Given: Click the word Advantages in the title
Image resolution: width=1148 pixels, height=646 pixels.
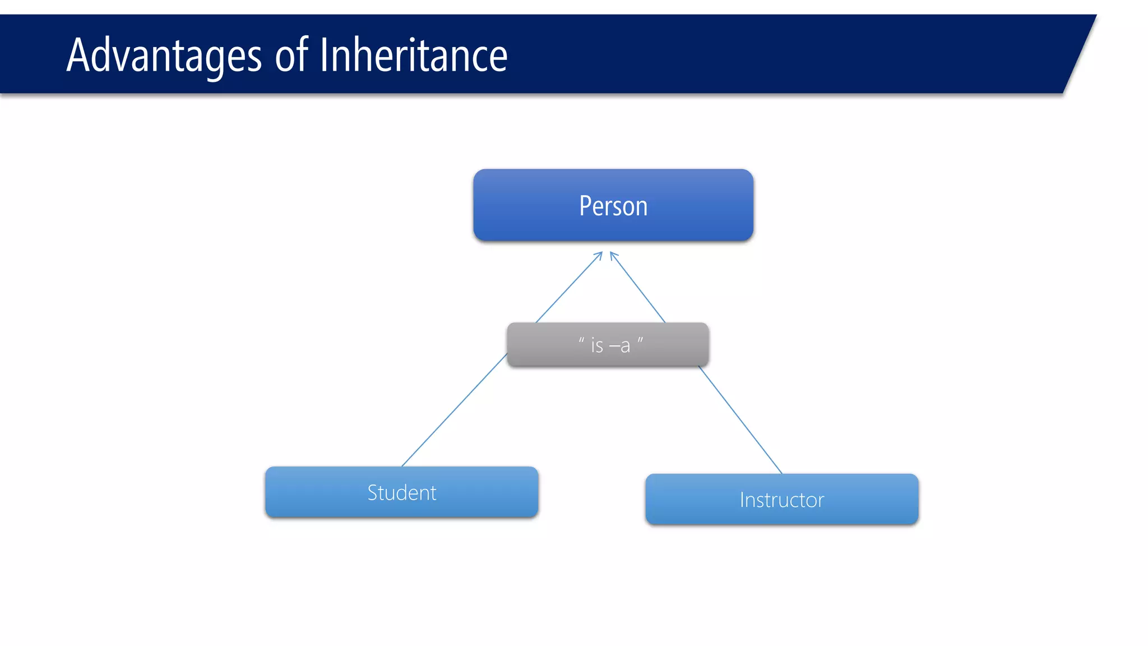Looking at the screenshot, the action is [x=164, y=56].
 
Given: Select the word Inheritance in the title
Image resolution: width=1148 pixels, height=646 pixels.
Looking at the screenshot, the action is [x=413, y=56].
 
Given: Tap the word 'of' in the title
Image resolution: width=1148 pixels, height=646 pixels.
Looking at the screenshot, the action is [x=291, y=56].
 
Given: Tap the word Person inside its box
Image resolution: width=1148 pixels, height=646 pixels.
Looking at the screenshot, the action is [x=613, y=206].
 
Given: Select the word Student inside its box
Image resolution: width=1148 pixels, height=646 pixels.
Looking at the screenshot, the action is [x=402, y=493].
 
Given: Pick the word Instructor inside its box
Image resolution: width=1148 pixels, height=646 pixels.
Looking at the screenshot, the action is [x=782, y=500].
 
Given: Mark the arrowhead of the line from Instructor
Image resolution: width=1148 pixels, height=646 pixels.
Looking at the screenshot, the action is [x=613, y=255].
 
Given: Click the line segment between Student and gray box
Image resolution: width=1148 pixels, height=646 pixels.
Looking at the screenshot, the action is [x=454, y=410].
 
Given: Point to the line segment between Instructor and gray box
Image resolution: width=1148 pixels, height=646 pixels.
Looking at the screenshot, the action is [x=740, y=419].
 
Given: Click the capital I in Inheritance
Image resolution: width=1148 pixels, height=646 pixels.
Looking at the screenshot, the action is [x=323, y=56].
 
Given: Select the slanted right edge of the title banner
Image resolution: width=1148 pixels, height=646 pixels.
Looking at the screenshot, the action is [x=1080, y=54].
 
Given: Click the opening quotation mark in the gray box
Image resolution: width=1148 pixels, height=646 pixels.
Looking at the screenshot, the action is [x=581, y=340].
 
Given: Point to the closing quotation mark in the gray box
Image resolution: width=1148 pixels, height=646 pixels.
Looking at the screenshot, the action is [x=640, y=340].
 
